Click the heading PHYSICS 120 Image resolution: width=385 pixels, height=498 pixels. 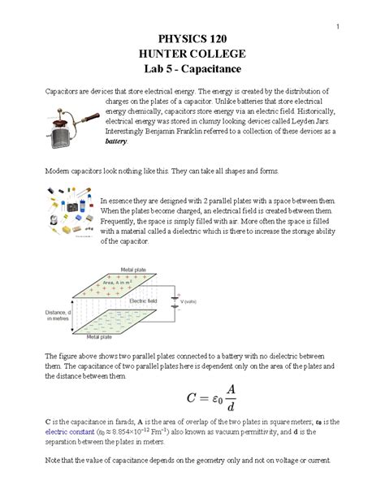coord(192,40)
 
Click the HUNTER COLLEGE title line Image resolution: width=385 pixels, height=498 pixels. coord(192,54)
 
